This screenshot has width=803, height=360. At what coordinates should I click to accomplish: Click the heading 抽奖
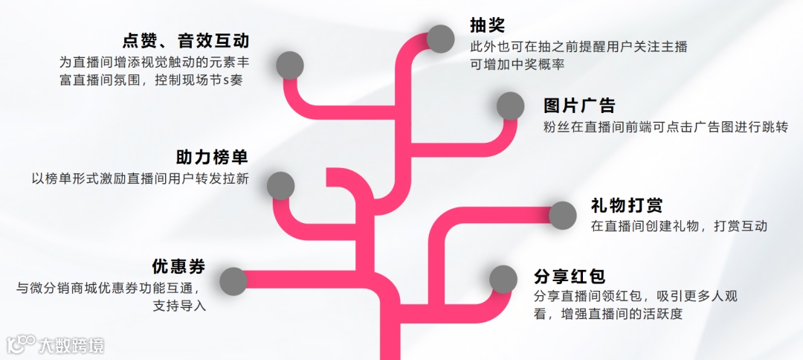(487, 25)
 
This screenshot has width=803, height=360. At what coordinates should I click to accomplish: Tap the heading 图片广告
(579, 106)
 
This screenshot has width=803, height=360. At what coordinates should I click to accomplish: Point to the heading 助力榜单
(212, 158)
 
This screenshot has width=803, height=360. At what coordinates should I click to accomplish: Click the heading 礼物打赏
(627, 205)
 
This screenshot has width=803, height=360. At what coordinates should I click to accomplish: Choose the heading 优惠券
(178, 266)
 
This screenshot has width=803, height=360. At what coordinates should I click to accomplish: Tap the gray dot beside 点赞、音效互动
(290, 65)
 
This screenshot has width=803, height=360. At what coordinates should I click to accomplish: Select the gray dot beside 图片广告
(510, 106)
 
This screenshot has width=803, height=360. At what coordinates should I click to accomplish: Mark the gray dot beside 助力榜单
(280, 185)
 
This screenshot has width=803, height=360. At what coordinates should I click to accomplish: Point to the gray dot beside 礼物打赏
(562, 215)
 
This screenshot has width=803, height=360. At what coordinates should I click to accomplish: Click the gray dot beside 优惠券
(233, 280)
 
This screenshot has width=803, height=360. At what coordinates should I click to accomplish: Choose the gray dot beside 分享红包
(503, 279)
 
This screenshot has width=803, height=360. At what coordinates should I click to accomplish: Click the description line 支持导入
(179, 306)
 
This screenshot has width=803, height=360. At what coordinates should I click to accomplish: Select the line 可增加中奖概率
(517, 65)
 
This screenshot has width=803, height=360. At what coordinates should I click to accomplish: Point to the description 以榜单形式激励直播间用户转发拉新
(140, 179)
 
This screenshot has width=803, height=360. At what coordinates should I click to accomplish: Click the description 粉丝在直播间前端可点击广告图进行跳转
(665, 127)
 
